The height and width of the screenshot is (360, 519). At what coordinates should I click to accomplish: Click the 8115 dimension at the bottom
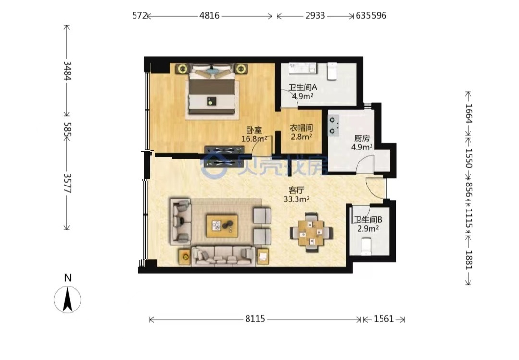(255, 319)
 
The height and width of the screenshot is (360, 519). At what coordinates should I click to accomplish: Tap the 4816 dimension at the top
(209, 15)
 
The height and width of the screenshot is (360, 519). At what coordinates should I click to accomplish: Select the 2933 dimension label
(315, 15)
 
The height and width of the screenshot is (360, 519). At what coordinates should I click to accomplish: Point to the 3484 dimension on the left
(67, 71)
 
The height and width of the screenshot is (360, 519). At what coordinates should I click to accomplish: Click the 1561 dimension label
(383, 319)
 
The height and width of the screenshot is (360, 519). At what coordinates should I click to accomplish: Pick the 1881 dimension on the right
(469, 260)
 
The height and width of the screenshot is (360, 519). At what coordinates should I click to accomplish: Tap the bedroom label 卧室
(254, 130)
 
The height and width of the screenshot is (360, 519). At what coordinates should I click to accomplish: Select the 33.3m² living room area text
(297, 199)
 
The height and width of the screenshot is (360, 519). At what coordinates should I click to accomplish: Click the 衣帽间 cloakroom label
(301, 128)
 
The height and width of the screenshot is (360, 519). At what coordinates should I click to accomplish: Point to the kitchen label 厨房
(362, 138)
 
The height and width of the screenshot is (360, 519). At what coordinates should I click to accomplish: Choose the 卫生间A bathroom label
(303, 87)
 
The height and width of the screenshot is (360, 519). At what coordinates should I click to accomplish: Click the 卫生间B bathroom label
(368, 220)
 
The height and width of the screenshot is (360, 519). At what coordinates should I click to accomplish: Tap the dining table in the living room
(311, 233)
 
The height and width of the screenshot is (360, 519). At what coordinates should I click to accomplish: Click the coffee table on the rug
(222, 226)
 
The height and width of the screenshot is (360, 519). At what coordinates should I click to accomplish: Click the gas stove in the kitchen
(334, 125)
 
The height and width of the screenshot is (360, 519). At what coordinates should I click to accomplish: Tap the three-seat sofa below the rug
(223, 256)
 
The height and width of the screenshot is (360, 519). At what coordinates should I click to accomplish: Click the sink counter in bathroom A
(302, 69)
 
